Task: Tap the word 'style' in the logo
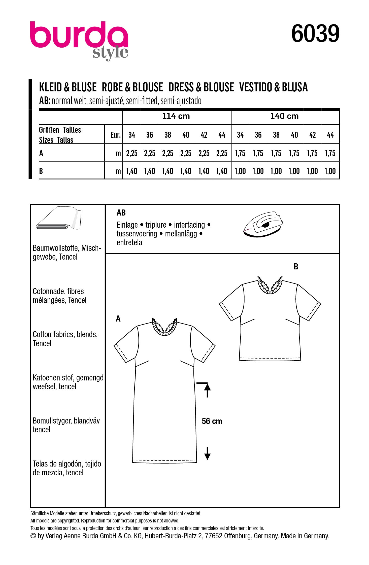click(x=110, y=53)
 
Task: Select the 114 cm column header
click(x=176, y=116)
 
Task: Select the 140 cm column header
click(x=284, y=116)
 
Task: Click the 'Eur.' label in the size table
click(x=115, y=135)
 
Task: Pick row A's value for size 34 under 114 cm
click(x=132, y=153)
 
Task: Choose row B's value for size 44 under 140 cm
click(x=330, y=171)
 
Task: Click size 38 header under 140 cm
click(x=276, y=135)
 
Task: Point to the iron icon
click(x=263, y=224)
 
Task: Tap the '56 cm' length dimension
click(x=212, y=421)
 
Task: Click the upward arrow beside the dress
click(x=207, y=390)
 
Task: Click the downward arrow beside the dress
click(x=207, y=453)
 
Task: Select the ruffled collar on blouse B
click(x=270, y=286)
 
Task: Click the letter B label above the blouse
click(x=296, y=267)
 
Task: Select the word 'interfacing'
click(x=189, y=225)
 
